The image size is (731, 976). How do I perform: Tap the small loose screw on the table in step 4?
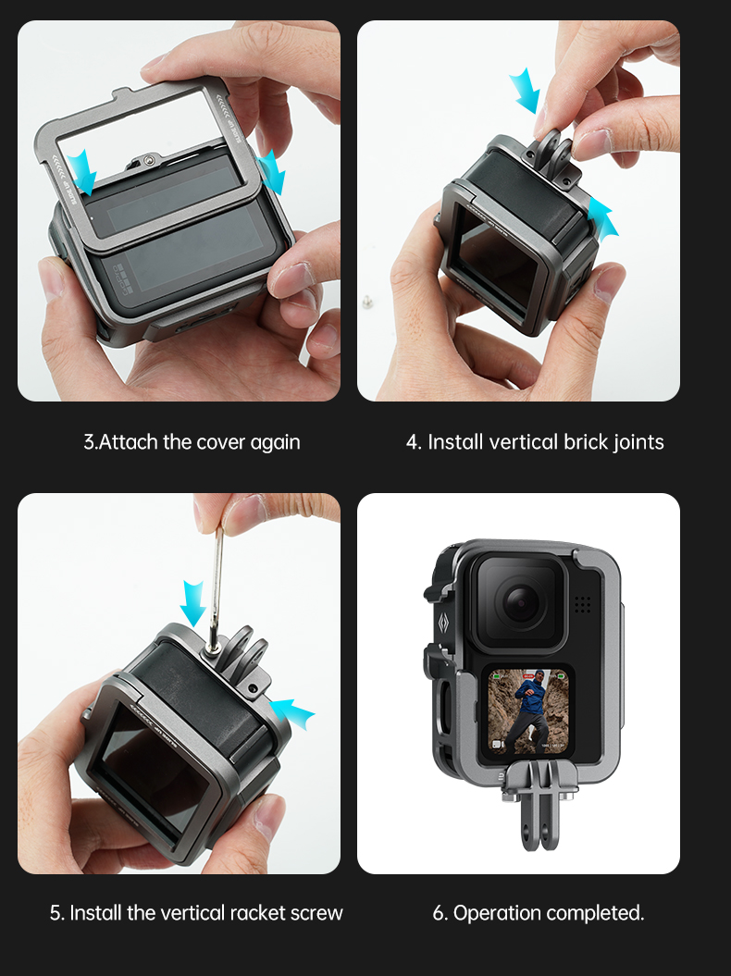pos(367,302)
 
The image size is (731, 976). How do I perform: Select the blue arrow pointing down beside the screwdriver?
pos(192,603)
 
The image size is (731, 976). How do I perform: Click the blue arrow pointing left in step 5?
pos(292,712)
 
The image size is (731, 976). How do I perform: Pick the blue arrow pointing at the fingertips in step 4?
pos(525,91)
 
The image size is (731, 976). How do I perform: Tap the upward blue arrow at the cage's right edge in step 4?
pos(602,217)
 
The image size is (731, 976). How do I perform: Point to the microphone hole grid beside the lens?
pos(582,603)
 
